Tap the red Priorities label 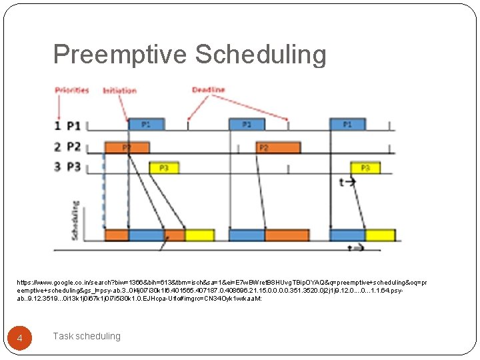coord(72,91)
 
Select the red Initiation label coord(120,91)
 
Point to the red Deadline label coord(209,90)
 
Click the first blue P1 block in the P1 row coord(145,124)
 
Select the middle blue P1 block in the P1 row coord(247,124)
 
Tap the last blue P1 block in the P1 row coord(347,124)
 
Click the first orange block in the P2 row coord(117,146)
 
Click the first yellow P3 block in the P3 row coord(163,167)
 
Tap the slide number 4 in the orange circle coord(20,339)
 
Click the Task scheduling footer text coord(87,336)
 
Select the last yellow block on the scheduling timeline coord(381,235)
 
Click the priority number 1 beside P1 coord(59,125)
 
